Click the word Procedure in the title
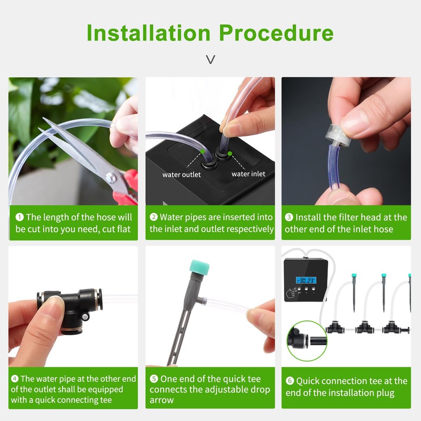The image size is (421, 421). (276, 33)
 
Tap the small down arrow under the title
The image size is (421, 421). (210, 59)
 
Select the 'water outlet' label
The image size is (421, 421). (182, 174)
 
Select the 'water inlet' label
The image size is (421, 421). (248, 174)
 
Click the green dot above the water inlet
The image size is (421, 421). (230, 154)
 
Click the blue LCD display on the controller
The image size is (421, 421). (306, 280)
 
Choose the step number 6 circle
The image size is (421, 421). (289, 381)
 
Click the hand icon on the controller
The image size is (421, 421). (291, 292)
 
